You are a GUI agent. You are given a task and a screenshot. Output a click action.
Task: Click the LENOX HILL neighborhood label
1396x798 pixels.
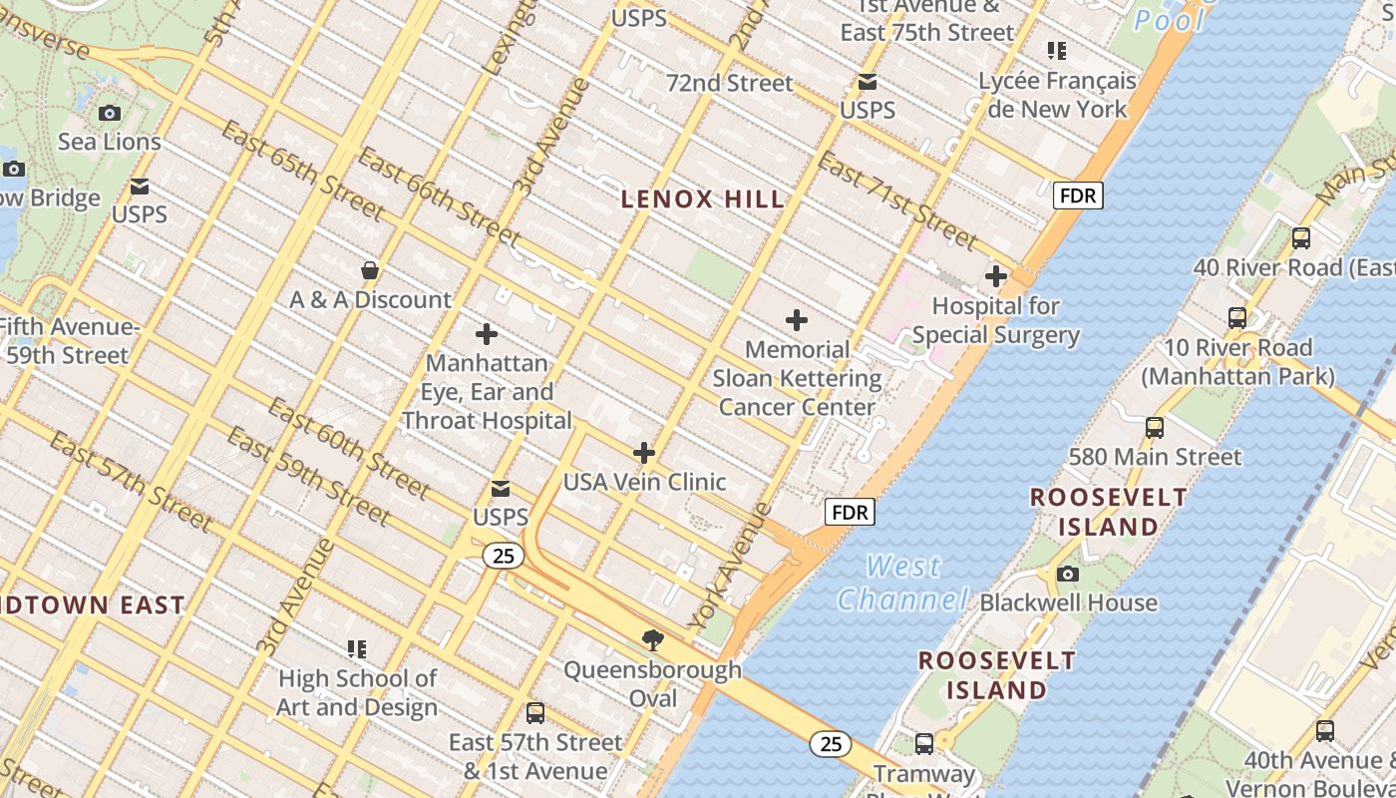703,199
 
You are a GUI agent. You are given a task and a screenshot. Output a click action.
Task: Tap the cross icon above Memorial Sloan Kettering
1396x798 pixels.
796,320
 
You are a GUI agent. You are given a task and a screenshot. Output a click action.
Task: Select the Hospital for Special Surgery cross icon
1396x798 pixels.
995,276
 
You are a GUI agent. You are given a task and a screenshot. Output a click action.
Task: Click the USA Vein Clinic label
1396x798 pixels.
644,482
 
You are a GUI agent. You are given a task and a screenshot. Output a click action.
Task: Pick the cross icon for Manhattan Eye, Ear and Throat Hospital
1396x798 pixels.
487,334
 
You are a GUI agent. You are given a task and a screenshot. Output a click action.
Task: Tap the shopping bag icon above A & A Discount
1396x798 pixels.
370,270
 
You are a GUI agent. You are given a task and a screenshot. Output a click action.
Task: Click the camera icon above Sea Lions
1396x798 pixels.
110,114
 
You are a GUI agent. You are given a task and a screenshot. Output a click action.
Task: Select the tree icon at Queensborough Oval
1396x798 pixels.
653,639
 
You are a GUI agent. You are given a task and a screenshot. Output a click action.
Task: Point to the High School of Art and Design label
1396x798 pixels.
357,692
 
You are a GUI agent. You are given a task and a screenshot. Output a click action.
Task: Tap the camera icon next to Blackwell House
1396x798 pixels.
1067,575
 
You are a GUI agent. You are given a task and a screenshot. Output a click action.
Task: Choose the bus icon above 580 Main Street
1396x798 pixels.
1155,428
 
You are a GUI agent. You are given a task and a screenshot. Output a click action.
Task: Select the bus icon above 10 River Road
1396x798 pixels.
1237,318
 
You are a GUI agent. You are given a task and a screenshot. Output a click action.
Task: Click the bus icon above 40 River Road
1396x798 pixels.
1300,238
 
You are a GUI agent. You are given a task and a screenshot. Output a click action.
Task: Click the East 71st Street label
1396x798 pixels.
897,200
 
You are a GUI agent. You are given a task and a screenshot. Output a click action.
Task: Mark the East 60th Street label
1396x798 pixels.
348,448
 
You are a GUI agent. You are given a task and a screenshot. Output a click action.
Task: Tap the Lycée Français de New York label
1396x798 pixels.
1057,95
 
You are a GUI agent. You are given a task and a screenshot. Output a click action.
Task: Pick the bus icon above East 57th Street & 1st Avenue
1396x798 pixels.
535,713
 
